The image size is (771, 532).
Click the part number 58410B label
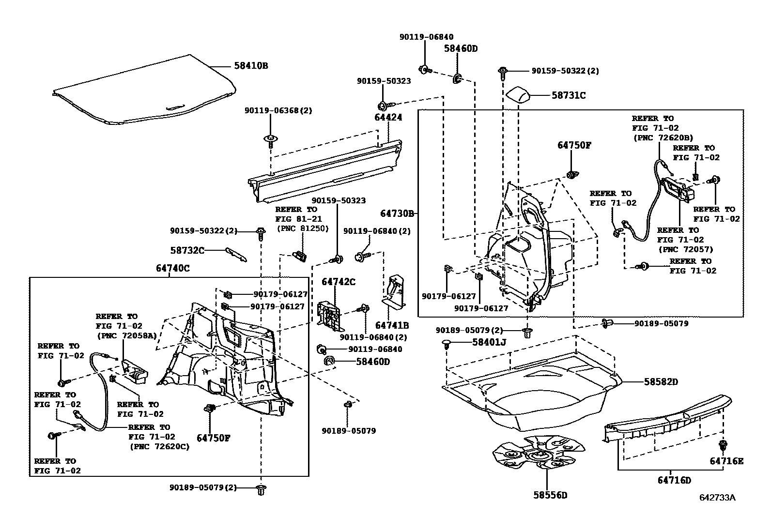(x=251, y=65)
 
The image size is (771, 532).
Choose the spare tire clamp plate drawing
(x=535, y=455)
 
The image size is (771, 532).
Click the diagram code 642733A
(x=717, y=498)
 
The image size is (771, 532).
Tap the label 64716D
(x=674, y=480)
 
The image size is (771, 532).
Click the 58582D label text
(x=661, y=382)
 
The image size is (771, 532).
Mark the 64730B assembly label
(x=397, y=213)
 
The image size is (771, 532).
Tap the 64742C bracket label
(x=339, y=282)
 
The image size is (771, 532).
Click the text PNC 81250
(x=302, y=228)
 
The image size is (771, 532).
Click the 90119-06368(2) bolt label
(x=278, y=110)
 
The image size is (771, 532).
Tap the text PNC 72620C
(x=159, y=446)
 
